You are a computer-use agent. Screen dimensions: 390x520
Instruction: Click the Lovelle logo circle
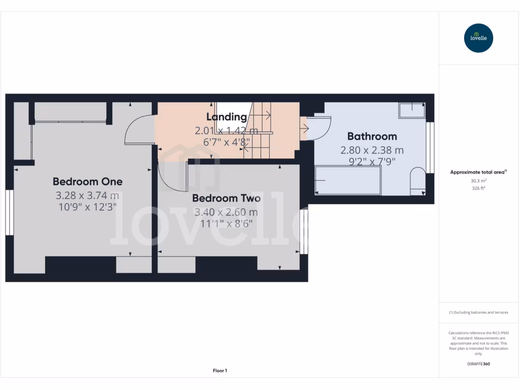478,38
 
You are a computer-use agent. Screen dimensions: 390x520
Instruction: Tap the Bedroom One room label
87,181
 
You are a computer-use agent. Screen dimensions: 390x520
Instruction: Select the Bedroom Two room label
226,198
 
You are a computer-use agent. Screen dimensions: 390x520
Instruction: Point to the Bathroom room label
372,136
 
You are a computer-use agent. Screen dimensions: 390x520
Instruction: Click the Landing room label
226,117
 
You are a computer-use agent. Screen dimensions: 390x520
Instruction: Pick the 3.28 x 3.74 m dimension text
87,196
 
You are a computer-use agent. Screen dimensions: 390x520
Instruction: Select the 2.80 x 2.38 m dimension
372,150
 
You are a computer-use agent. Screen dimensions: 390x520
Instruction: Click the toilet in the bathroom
417,181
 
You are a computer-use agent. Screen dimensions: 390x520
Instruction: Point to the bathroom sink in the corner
411,110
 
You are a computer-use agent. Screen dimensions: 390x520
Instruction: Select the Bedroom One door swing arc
137,129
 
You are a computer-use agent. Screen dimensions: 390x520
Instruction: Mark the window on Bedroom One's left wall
9,212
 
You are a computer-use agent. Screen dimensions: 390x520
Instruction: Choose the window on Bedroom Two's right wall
304,232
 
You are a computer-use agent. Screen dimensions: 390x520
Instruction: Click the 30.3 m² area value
478,180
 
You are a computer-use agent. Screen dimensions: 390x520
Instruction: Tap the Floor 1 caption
219,371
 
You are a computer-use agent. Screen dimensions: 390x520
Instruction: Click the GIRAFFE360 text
478,364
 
